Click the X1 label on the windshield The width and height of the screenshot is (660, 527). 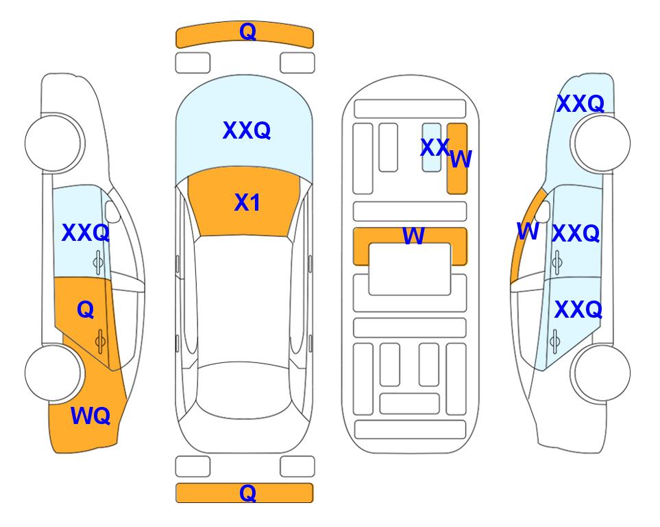coord(247,202)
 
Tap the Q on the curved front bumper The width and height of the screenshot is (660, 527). coord(247,32)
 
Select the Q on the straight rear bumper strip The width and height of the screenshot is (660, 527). coord(247,493)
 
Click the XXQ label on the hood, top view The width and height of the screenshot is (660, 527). coord(247,130)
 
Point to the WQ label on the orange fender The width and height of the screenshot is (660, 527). coord(90,416)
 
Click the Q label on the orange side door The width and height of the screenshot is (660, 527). coord(86,309)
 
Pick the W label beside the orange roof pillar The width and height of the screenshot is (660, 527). coord(528,231)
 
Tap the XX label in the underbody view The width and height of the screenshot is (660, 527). coord(435,148)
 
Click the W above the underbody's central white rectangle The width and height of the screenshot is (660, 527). coord(413,235)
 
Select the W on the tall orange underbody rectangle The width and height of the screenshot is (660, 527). coord(461,159)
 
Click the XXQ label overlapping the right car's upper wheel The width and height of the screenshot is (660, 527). coord(580,104)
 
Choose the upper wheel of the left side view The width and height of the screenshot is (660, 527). coord(53,143)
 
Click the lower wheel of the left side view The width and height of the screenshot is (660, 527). coord(53,373)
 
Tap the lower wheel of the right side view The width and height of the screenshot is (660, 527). coord(602,373)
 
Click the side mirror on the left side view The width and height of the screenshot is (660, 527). coord(112,211)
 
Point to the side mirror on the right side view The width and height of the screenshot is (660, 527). coord(543,211)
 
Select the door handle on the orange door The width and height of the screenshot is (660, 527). coord(100,341)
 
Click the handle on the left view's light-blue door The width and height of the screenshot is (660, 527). coord(99,262)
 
